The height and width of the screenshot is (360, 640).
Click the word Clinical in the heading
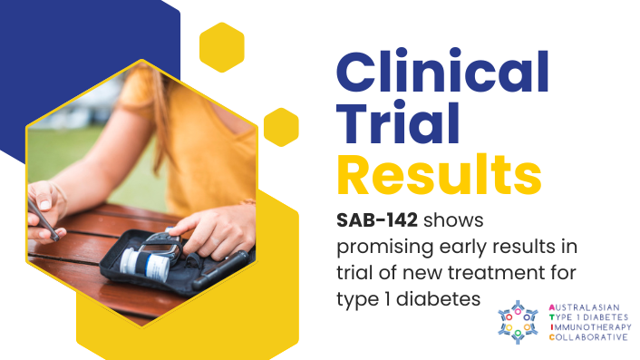pyautogui.click(x=442, y=72)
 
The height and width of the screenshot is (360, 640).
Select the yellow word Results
pyautogui.click(x=439, y=174)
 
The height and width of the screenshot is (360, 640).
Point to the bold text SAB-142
pyautogui.click(x=377, y=220)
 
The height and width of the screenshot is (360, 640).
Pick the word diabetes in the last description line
pyautogui.click(x=438, y=299)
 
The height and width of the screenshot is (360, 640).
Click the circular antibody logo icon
pyautogui.click(x=518, y=322)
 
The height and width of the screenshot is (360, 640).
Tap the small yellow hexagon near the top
pyautogui.click(x=221, y=47)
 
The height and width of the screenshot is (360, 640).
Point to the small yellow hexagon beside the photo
pyautogui.click(x=281, y=127)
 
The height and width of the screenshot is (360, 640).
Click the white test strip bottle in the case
pyautogui.click(x=145, y=264)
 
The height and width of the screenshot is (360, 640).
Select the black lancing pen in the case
pyautogui.click(x=219, y=270)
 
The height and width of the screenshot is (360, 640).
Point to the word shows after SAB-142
pyautogui.click(x=453, y=221)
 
